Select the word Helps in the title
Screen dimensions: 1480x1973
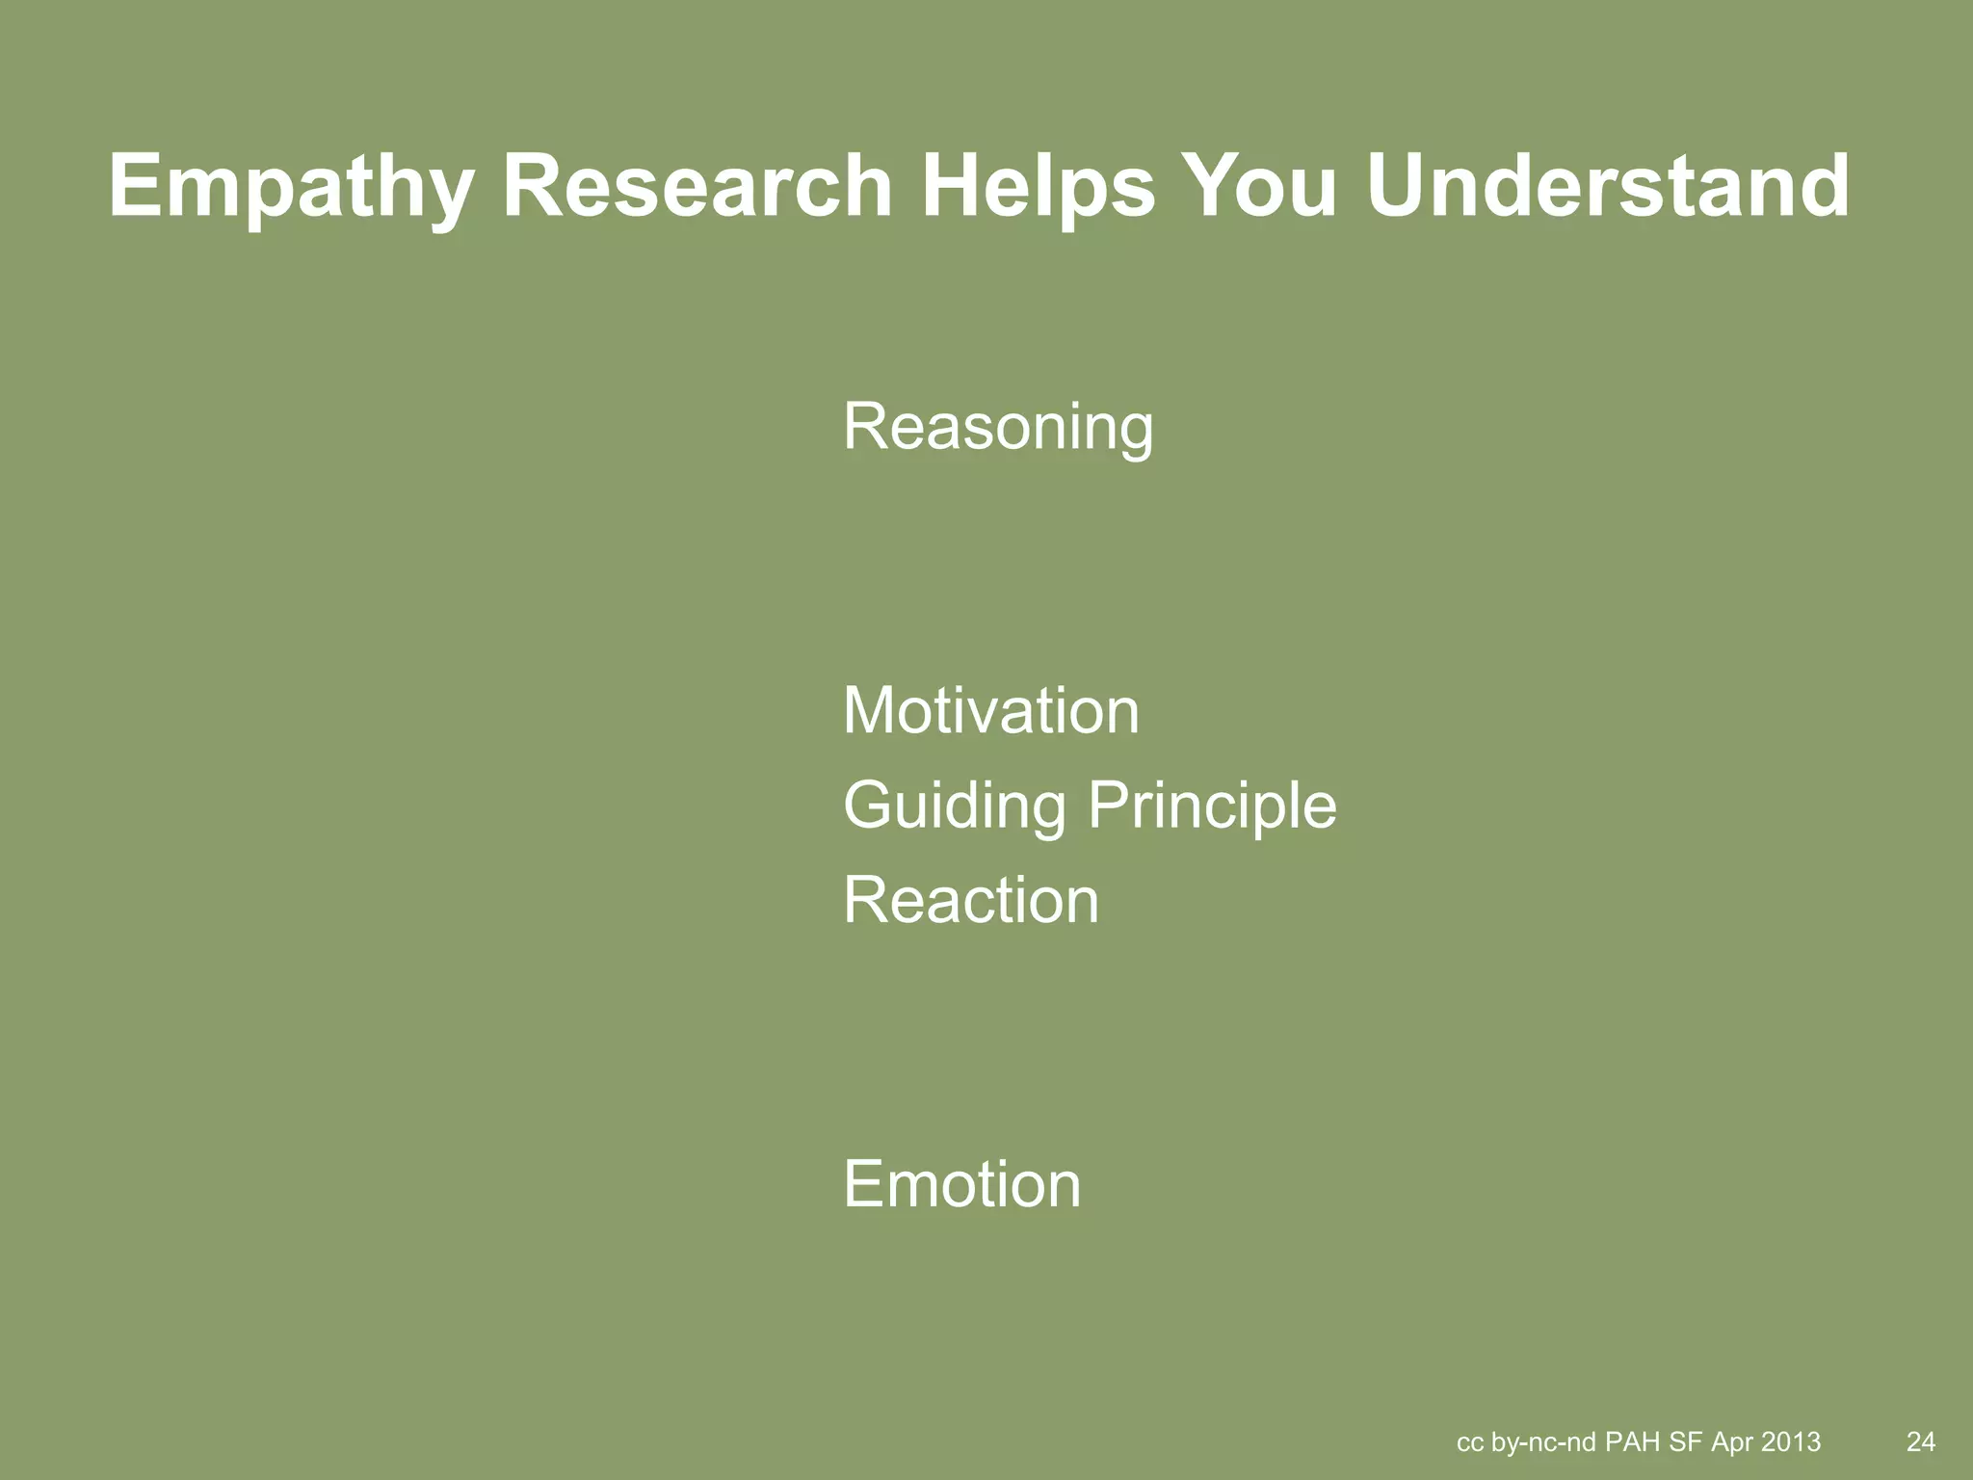click(x=1038, y=188)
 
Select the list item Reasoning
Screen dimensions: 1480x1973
click(x=998, y=428)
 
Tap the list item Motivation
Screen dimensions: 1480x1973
click(x=990, y=711)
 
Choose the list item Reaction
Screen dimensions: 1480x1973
click(x=971, y=901)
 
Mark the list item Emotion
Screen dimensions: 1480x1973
click(x=961, y=1184)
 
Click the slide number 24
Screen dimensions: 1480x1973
click(x=1920, y=1441)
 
